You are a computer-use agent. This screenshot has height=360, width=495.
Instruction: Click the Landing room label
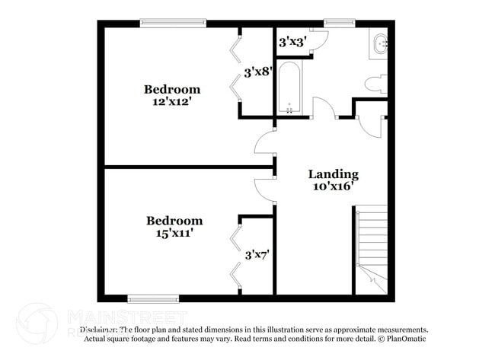[x=333, y=174]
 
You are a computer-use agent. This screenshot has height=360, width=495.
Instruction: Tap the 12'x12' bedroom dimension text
[x=172, y=101]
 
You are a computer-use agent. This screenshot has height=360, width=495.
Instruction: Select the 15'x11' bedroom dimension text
[x=174, y=233]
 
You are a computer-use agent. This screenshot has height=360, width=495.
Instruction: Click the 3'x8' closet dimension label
[x=257, y=73]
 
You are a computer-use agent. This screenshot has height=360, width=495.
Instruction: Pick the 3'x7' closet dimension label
[x=258, y=255]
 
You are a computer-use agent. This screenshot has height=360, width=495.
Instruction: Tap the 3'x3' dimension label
[x=292, y=43]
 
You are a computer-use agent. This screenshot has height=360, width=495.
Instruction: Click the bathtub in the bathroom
[x=289, y=87]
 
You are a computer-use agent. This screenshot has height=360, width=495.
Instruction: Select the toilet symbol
[x=376, y=83]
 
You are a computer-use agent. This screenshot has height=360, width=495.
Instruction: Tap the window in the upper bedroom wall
[x=173, y=24]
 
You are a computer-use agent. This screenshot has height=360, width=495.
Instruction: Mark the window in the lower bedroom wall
[x=152, y=298]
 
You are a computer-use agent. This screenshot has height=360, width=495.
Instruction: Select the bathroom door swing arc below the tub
[x=325, y=108]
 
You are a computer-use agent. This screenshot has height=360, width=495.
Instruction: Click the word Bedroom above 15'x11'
[x=174, y=221]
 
